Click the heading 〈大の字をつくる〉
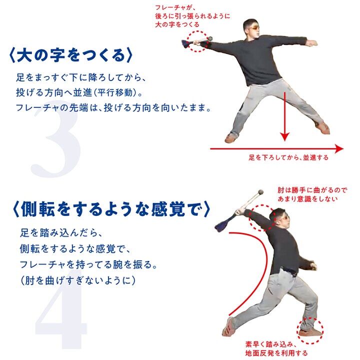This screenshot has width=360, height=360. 70,55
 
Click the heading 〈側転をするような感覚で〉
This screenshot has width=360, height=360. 111,209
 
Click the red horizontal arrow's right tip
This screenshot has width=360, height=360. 343,148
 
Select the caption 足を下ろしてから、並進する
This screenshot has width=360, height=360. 288,157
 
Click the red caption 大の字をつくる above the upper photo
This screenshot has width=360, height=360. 177,24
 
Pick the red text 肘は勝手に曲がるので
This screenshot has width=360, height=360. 312,190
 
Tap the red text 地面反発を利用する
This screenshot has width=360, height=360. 276,353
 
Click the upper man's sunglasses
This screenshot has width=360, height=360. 255,28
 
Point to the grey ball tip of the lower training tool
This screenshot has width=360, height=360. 260,192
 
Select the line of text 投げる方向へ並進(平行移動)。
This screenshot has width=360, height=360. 79,92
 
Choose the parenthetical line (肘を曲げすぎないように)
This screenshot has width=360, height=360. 78,280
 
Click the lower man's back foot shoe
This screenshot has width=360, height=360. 228,326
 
